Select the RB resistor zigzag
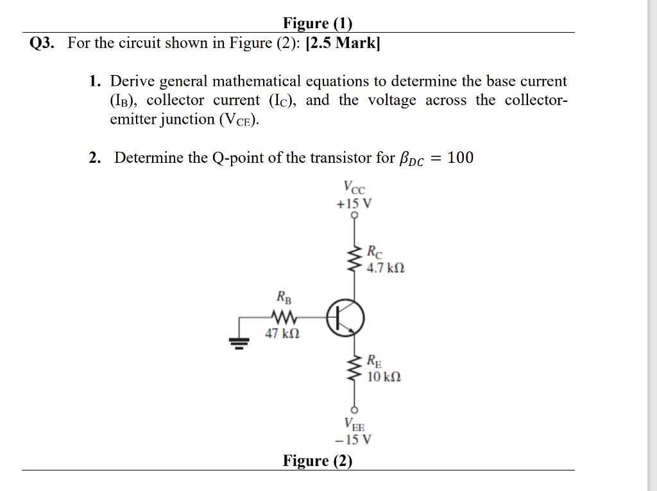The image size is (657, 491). [282, 317]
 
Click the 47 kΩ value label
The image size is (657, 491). [282, 333]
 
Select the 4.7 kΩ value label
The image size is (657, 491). [386, 267]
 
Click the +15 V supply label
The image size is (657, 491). [354, 204]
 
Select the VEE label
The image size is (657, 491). [354, 424]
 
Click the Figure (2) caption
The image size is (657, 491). [318, 461]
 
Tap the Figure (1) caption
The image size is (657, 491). [318, 24]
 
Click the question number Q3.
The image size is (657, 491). [42, 44]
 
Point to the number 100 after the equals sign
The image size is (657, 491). [460, 158]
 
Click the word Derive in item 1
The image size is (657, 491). [133, 81]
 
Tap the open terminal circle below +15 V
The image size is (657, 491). [354, 215]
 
